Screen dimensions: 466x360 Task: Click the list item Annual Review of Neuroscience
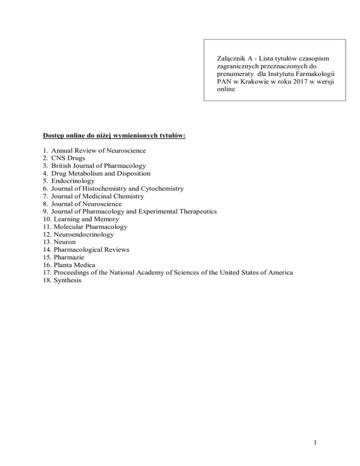(99, 150)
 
